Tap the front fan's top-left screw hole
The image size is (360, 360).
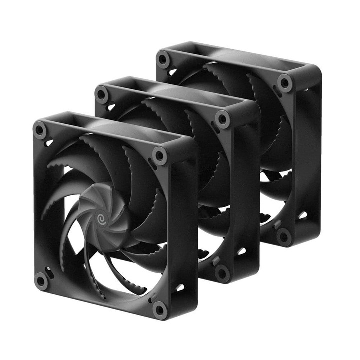pyautogui.click(x=40, y=130)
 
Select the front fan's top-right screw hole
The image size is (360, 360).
pyautogui.click(x=160, y=155)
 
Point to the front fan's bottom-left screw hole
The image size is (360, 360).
pyautogui.click(x=41, y=280)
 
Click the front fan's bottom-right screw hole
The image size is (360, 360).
pyautogui.click(x=160, y=309)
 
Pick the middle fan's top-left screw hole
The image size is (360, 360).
pyautogui.click(x=102, y=94)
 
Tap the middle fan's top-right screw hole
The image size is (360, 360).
pyautogui.click(x=222, y=119)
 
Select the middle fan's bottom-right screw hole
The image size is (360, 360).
pyautogui.click(x=222, y=273)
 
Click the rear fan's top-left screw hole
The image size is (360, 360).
pyautogui.click(x=163, y=59)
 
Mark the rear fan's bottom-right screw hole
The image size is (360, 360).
pyautogui.click(x=284, y=236)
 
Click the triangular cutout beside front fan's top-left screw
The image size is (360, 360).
pyautogui.click(x=49, y=143)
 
